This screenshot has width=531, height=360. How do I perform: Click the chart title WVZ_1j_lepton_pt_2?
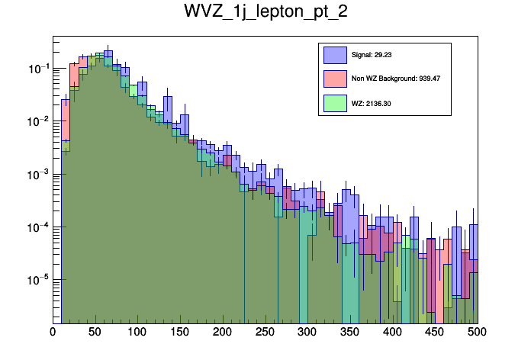pyautogui.click(x=265, y=13)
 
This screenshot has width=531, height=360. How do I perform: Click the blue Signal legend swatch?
pyautogui.click(x=335, y=55)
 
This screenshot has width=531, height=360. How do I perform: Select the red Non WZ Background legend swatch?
pyautogui.click(x=335, y=79)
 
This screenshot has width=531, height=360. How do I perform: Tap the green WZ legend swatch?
pyautogui.click(x=335, y=103)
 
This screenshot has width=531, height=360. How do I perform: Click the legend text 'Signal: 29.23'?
pyautogui.click(x=372, y=55)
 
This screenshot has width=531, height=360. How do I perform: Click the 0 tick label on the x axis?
pyautogui.click(x=53, y=333)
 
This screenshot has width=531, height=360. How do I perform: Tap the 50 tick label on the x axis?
pyautogui.click(x=95, y=333)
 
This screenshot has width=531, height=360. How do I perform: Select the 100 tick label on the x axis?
pyautogui.click(x=137, y=333)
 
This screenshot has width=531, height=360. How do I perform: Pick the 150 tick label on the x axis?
pyautogui.click(x=180, y=333)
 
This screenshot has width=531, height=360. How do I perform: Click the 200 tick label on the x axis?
pyautogui.click(x=223, y=333)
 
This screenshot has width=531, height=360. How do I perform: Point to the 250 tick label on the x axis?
pyautogui.click(x=265, y=333)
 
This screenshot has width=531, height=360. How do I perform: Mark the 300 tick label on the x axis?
pyautogui.click(x=307, y=333)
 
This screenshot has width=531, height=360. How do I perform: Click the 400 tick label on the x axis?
pyautogui.click(x=392, y=333)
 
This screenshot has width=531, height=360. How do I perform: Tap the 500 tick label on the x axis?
pyautogui.click(x=477, y=333)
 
